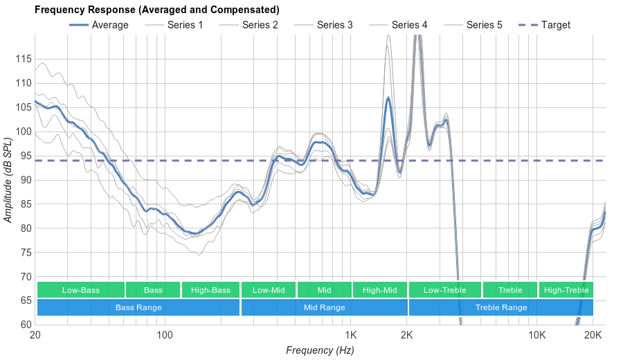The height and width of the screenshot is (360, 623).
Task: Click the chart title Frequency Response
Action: coord(156,10)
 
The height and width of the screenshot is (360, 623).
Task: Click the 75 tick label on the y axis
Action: coord(24,253)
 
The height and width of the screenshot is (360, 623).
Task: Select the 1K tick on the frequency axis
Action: coord(350,336)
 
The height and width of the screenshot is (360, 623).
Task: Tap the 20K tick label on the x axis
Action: coord(593,336)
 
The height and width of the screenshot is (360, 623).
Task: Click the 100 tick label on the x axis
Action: coord(165,336)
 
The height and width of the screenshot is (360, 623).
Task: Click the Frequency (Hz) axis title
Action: coord(320,350)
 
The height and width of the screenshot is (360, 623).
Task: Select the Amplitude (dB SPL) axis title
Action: coord(8,179)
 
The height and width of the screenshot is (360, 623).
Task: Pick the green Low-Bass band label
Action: coord(81,290)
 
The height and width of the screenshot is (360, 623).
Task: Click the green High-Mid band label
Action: coord(379,290)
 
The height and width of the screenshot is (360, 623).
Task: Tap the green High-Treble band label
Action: coord(566,290)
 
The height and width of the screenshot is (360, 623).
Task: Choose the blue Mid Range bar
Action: coord(324,307)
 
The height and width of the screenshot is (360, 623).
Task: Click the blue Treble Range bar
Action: coord(501,307)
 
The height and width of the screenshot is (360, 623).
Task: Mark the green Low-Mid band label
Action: coord(269,290)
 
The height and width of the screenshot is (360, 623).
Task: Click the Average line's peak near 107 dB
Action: coord(388,98)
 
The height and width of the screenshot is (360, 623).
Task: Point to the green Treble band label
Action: coord(510,290)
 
